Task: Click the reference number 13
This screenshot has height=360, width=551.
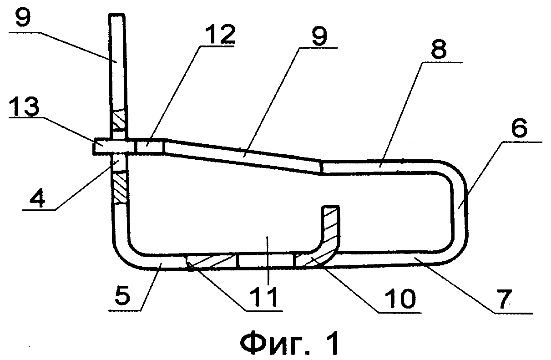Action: (24, 106)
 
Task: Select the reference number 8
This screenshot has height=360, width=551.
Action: (438, 50)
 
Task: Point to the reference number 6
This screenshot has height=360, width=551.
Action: (519, 128)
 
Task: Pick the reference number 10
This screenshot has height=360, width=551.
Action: (400, 298)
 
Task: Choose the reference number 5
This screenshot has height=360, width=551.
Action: (122, 297)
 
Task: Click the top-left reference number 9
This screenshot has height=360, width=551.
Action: (23, 17)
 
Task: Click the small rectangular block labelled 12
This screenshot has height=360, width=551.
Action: (150, 146)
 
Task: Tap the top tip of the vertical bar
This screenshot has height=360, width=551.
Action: (117, 14)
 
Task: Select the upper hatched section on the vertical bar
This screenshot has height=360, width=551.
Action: (120, 120)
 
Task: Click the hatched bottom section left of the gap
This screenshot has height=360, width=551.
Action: (212, 261)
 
